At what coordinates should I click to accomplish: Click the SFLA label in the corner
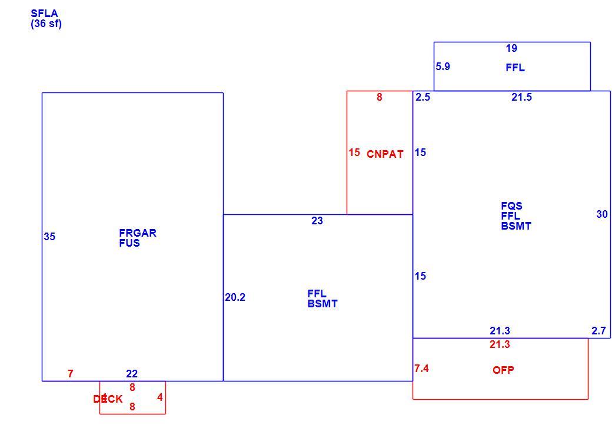(x=44, y=14)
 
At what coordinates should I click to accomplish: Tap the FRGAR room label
(x=138, y=233)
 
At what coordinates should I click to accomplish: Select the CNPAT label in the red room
(x=385, y=154)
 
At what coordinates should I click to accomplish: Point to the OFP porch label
(x=503, y=370)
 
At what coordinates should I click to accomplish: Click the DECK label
(x=108, y=399)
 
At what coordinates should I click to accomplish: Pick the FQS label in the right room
(x=511, y=206)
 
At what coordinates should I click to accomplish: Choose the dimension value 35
(x=49, y=237)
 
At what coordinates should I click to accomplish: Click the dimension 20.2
(x=235, y=297)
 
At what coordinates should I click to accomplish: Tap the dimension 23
(x=317, y=221)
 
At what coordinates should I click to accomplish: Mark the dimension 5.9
(x=443, y=67)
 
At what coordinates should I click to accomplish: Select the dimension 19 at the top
(x=511, y=48)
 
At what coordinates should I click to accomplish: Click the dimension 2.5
(x=423, y=97)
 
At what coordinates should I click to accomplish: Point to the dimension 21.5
(x=521, y=97)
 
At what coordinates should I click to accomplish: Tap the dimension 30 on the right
(x=601, y=214)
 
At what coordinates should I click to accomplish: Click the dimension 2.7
(x=599, y=331)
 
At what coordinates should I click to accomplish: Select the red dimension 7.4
(x=421, y=369)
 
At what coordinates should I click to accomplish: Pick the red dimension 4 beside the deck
(x=159, y=397)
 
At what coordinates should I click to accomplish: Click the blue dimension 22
(x=132, y=374)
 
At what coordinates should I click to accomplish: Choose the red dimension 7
(x=70, y=374)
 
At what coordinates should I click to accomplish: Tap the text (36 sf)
(x=46, y=24)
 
